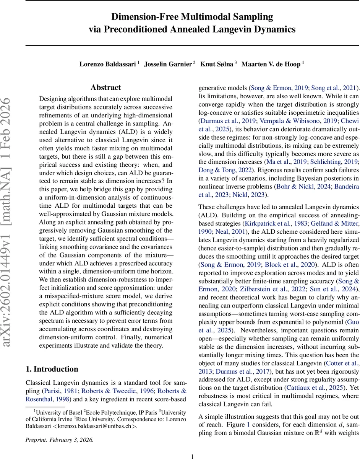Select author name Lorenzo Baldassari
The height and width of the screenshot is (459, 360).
coord(107,64)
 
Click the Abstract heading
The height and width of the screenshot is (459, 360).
coord(105,88)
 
